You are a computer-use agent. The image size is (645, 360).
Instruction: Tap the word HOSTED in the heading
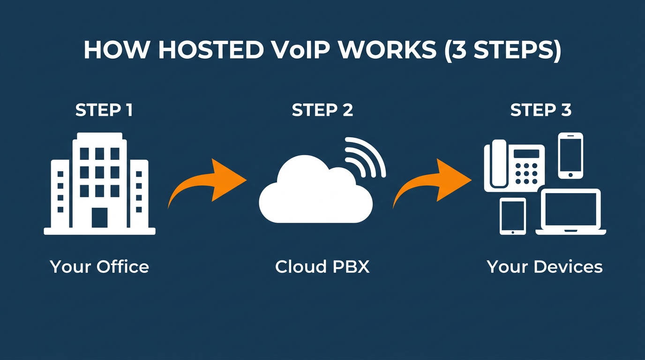click(210, 50)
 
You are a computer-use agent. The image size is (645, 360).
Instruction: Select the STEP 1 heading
click(104, 110)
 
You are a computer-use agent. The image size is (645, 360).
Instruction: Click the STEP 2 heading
click(322, 110)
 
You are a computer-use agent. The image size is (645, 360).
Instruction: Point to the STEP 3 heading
click(541, 110)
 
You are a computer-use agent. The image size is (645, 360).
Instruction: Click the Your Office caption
click(99, 267)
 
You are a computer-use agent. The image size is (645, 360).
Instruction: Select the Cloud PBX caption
click(322, 267)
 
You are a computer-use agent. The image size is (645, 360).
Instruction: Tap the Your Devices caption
click(545, 267)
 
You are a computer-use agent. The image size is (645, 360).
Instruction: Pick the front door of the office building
click(99, 217)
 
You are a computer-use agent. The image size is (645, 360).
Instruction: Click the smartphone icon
click(570, 155)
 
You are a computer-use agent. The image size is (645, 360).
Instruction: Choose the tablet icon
click(512, 216)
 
